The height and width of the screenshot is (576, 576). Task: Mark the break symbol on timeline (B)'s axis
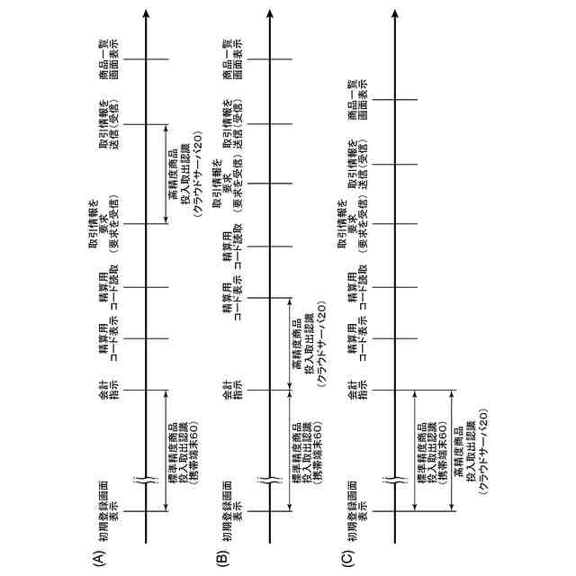click(272, 481)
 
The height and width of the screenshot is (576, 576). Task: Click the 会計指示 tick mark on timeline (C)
click(397, 391)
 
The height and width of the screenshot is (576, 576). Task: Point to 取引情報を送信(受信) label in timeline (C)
click(359, 164)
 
